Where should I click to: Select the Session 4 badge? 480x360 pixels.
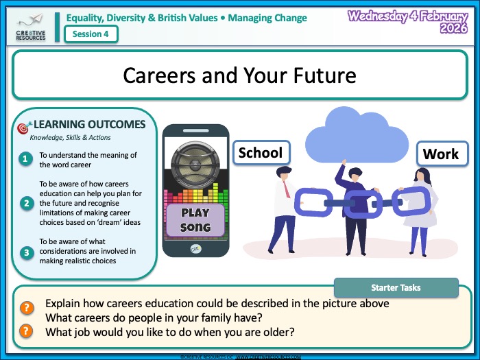tap(91, 34)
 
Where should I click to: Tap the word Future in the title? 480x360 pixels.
tap(322, 75)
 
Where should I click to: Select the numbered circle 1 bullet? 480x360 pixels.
tap(26, 159)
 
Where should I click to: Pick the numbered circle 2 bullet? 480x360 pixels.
tap(26, 203)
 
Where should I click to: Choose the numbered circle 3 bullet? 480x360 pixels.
tap(26, 252)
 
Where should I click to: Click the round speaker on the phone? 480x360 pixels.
tap(195, 159)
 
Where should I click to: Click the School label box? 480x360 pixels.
tap(261, 152)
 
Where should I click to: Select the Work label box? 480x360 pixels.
tap(440, 154)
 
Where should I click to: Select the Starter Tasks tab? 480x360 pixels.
tap(396, 287)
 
